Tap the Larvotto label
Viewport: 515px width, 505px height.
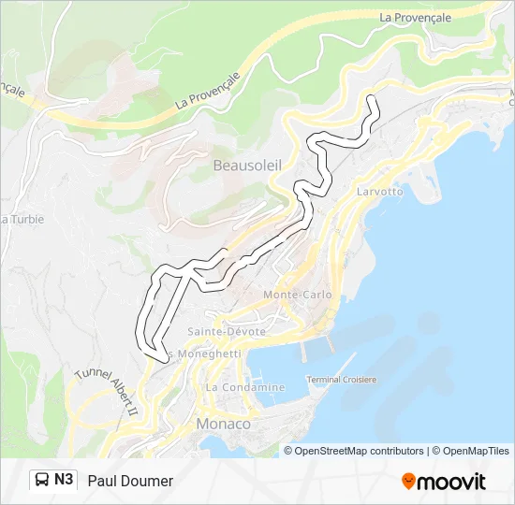[x=379, y=192]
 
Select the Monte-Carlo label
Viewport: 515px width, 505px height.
[x=297, y=295]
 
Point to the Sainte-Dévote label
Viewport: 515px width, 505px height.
[x=227, y=331]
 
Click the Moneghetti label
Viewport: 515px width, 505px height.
[x=207, y=354]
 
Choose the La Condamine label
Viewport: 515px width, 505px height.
[x=245, y=387]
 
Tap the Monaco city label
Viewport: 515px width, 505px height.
[x=223, y=424]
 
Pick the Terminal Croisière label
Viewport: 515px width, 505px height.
[x=342, y=380]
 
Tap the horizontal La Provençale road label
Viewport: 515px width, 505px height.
[x=416, y=17]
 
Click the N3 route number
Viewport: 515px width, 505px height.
[x=64, y=480]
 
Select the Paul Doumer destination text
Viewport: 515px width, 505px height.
[x=130, y=481]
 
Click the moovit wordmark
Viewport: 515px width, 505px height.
[x=452, y=482]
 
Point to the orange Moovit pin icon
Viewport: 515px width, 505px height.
[x=408, y=481]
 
